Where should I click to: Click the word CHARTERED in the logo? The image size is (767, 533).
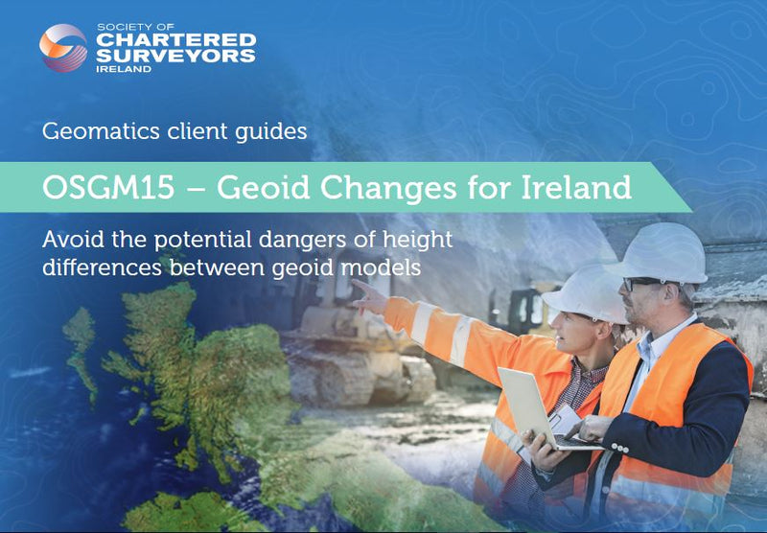177,39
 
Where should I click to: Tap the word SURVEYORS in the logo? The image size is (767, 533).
177,57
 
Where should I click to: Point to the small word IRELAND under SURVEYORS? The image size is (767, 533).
125,70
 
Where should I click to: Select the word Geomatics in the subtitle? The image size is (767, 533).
91,131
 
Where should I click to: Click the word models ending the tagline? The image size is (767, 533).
387,266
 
